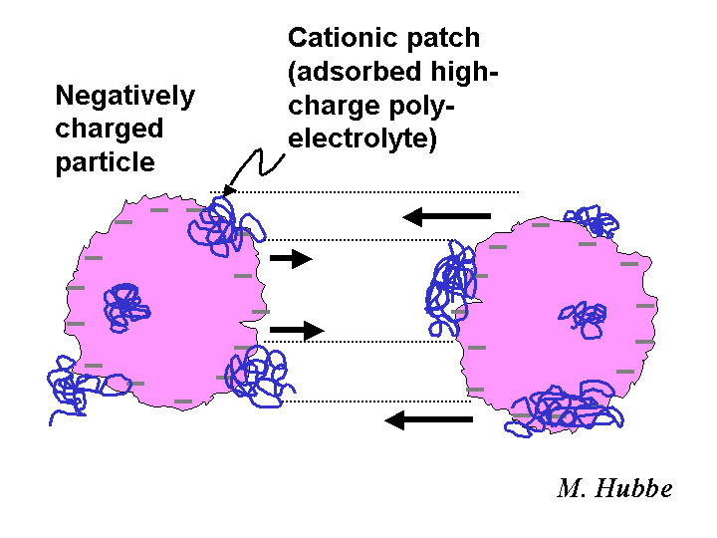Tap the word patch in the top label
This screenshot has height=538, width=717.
(443, 39)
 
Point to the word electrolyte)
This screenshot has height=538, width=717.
(362, 138)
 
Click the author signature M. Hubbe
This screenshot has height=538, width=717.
(614, 488)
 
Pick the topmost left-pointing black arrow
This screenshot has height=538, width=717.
(447, 216)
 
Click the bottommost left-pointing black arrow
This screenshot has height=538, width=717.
(429, 420)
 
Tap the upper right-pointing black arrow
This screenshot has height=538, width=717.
(291, 259)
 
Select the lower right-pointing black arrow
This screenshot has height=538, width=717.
(297, 331)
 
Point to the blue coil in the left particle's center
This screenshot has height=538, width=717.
(125, 307)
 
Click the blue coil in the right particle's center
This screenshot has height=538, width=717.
(584, 320)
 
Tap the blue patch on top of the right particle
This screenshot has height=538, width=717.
(593, 221)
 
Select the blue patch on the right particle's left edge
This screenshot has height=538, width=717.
(452, 288)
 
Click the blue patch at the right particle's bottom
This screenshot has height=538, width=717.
(565, 408)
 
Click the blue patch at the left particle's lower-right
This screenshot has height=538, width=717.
(260, 376)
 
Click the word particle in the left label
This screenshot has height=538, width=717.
(106, 163)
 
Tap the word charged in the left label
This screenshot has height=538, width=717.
(110, 130)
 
